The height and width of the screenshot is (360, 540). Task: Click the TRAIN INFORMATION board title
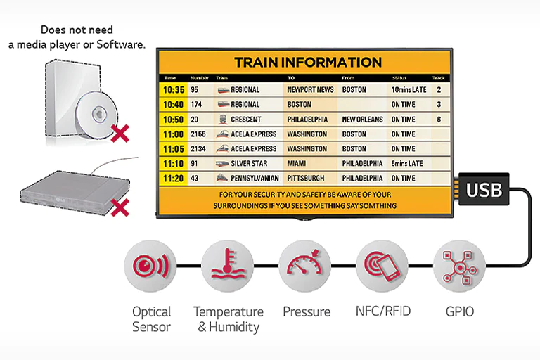click(307, 63)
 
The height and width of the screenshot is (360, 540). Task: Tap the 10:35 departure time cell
click(173, 90)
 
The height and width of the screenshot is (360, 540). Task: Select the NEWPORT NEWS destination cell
click(310, 90)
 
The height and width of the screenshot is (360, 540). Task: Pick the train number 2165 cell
click(198, 134)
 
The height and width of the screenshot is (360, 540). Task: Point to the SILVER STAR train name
click(245, 164)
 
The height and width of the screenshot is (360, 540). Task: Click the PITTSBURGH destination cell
click(306, 179)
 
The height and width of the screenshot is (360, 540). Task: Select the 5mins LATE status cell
click(407, 164)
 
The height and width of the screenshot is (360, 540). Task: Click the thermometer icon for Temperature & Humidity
click(227, 268)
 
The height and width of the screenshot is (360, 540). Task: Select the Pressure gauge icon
click(304, 268)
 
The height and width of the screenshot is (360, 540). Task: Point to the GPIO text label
click(460, 310)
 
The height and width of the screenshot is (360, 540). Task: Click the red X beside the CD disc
click(121, 131)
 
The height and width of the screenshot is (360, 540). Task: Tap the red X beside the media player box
click(121, 206)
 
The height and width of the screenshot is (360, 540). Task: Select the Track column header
click(438, 77)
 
